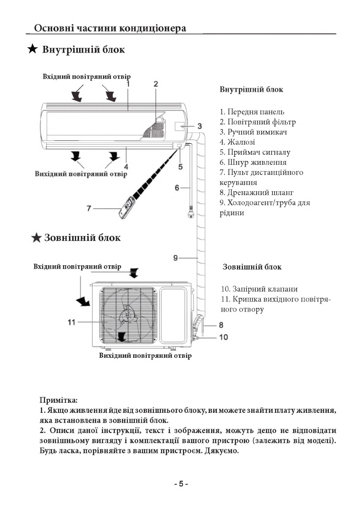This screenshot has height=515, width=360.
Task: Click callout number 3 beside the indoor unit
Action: pyautogui.click(x=200, y=126)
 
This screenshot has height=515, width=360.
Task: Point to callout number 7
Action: pyautogui.click(x=89, y=208)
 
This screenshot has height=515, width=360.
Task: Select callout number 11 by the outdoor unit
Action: pyautogui.click(x=71, y=322)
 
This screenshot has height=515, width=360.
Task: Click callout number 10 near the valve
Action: pyautogui.click(x=223, y=337)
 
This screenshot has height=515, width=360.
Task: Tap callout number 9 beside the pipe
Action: pyautogui.click(x=176, y=258)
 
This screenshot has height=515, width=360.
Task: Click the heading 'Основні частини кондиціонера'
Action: pyautogui.click(x=110, y=28)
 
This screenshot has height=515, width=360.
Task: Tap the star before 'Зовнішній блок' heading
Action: pyautogui.click(x=37, y=238)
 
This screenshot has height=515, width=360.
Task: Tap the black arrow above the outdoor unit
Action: pyautogui.click(x=134, y=273)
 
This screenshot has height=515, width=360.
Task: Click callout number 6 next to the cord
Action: pyautogui.click(x=177, y=188)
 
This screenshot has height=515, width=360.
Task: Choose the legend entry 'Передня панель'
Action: pyautogui.click(x=251, y=112)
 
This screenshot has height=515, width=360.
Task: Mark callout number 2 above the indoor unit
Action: pyautogui.click(x=156, y=84)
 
